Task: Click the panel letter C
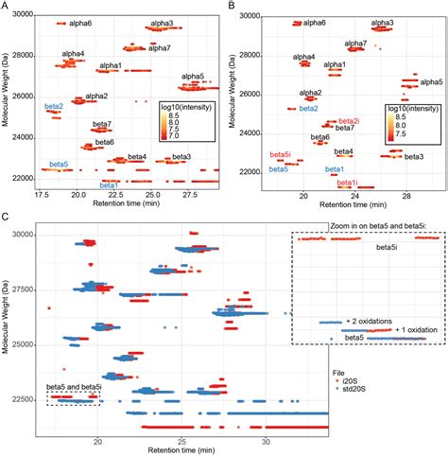[x=6, y=218]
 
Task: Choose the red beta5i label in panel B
[x=280, y=154]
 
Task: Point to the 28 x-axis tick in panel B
[x=405, y=194]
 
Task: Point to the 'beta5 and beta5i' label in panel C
[x=73, y=387]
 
